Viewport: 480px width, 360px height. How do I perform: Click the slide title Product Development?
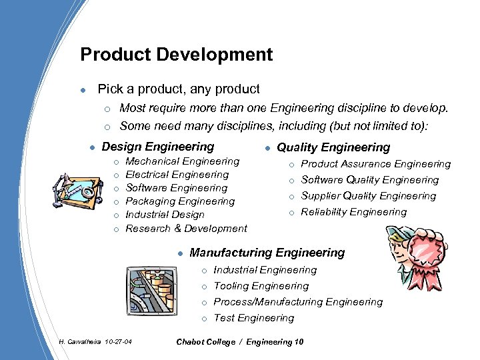click(x=176, y=54)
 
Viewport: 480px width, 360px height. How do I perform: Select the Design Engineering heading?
click(x=157, y=147)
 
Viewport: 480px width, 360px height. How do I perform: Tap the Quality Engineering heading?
click(x=333, y=147)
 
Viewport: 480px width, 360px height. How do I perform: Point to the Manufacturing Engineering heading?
click(x=267, y=253)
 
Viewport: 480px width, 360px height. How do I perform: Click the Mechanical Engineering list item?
click(x=183, y=161)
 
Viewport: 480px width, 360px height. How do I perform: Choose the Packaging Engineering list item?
click(x=180, y=201)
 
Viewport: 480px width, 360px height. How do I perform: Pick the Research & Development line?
click(x=186, y=229)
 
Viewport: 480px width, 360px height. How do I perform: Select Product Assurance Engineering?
click(x=376, y=164)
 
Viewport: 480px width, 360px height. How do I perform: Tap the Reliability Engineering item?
click(x=353, y=212)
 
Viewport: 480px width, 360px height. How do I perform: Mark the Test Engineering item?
click(x=253, y=318)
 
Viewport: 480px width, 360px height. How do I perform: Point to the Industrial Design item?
click(x=165, y=215)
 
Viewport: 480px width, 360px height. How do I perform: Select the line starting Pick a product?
click(x=179, y=89)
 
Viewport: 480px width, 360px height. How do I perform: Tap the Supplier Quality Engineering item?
click(x=368, y=196)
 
